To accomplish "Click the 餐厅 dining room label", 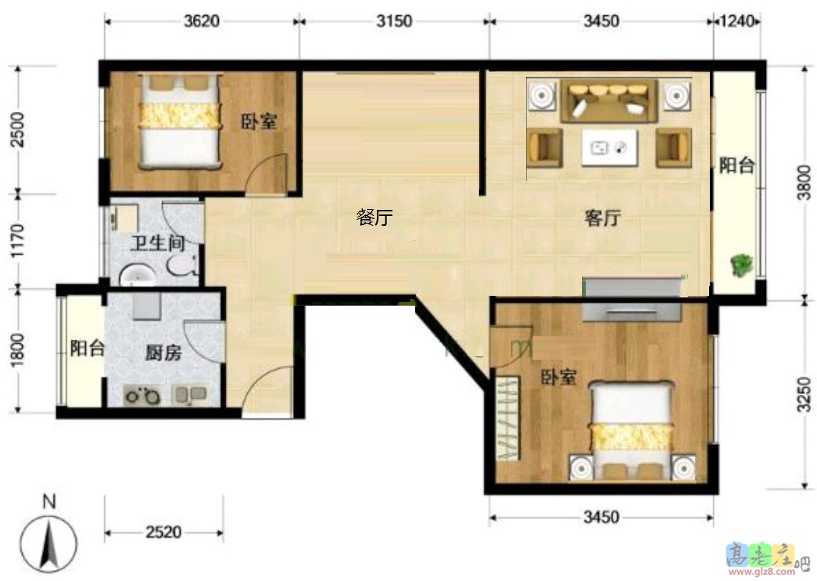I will (374, 218).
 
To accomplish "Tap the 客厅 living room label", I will (602, 219).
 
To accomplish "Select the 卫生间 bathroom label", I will (157, 244).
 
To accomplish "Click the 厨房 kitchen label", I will (163, 353).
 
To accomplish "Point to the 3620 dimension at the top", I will (201, 21).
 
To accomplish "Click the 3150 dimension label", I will (394, 21).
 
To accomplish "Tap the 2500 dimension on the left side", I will (21, 129).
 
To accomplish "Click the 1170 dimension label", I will (21, 240).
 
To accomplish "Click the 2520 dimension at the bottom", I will (163, 532).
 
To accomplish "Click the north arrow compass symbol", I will (49, 541).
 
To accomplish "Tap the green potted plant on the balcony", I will (740, 265).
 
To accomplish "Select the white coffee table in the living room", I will (608, 148).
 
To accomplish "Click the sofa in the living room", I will (609, 101).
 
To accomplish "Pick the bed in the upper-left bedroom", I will (179, 119).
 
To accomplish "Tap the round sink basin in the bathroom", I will (138, 275).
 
